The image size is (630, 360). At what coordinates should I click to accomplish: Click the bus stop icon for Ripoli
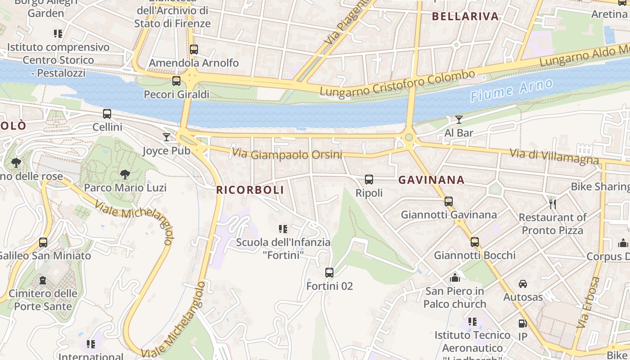[369, 180]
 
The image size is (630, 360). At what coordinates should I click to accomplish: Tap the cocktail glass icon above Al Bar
[459, 120]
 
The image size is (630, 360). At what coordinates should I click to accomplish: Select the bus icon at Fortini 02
[329, 272]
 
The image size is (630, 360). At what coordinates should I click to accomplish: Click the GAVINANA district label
[431, 180]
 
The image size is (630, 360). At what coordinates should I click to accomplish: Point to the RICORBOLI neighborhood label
[250, 190]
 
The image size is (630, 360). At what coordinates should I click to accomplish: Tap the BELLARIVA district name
[465, 17]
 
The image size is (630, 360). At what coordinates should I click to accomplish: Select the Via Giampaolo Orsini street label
[287, 154]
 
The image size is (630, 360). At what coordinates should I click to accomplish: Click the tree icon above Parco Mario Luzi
[125, 174]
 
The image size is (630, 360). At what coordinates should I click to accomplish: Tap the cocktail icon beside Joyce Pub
[166, 137]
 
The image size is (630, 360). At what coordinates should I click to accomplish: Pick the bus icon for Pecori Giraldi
[176, 81]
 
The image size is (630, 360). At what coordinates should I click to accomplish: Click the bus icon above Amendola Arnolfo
[194, 49]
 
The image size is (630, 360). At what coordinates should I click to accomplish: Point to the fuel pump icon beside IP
[522, 323]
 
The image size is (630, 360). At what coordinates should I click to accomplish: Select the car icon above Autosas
[523, 283]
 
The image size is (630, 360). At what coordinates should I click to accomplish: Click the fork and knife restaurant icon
[553, 204]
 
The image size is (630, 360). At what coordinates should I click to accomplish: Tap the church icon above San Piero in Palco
[455, 277]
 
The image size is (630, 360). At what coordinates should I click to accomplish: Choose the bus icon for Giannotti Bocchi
[475, 242]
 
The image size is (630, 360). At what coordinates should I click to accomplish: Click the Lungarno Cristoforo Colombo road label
[397, 83]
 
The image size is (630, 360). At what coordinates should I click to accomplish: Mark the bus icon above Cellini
[107, 114]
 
